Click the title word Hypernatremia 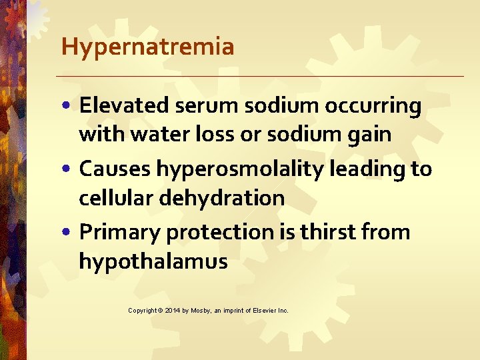[x=147, y=47]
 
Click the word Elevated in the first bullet [x=123, y=106]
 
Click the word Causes [x=115, y=169]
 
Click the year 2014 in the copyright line [x=172, y=311]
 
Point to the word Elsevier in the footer [x=259, y=311]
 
